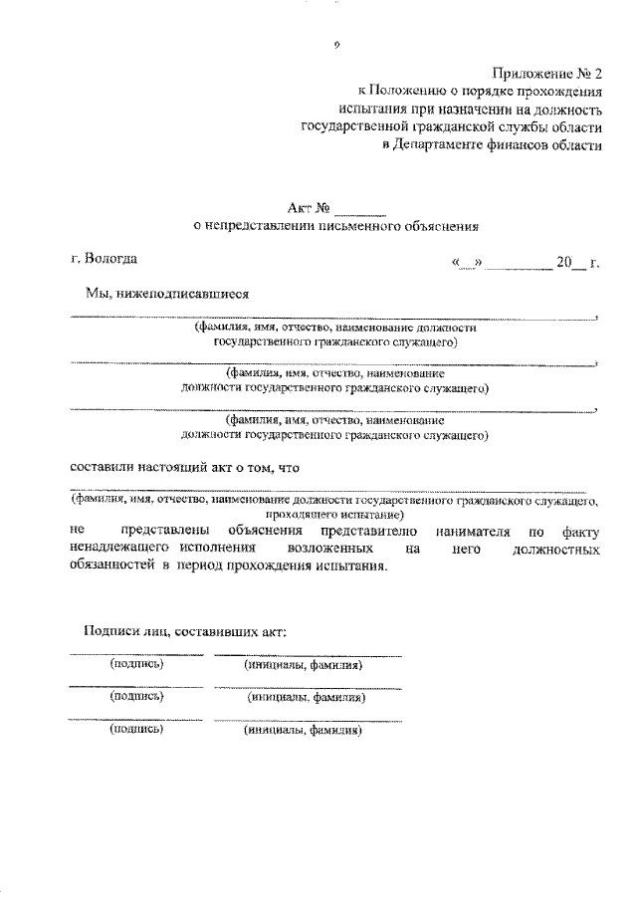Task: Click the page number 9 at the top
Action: point(337,46)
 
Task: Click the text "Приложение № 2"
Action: point(547,73)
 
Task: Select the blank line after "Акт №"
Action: point(359,209)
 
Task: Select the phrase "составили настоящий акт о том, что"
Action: point(185,466)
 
